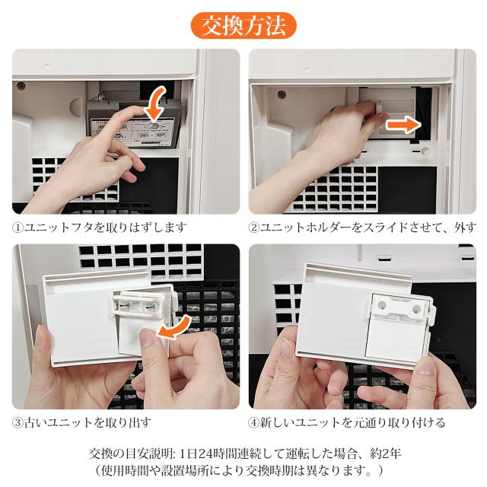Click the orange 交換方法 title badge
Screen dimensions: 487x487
[x=243, y=26]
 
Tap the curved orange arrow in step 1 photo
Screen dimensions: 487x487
[x=157, y=104]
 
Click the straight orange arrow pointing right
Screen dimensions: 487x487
[x=403, y=125]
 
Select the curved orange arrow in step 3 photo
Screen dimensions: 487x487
[x=175, y=328]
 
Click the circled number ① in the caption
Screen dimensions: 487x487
[x=18, y=228]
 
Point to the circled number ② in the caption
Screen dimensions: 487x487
[x=253, y=228]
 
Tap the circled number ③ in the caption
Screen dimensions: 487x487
[x=18, y=423]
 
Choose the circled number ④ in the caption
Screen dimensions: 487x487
[x=253, y=423]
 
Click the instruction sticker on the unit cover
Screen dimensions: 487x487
[x=133, y=132]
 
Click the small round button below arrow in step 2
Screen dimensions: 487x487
[x=425, y=151]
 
